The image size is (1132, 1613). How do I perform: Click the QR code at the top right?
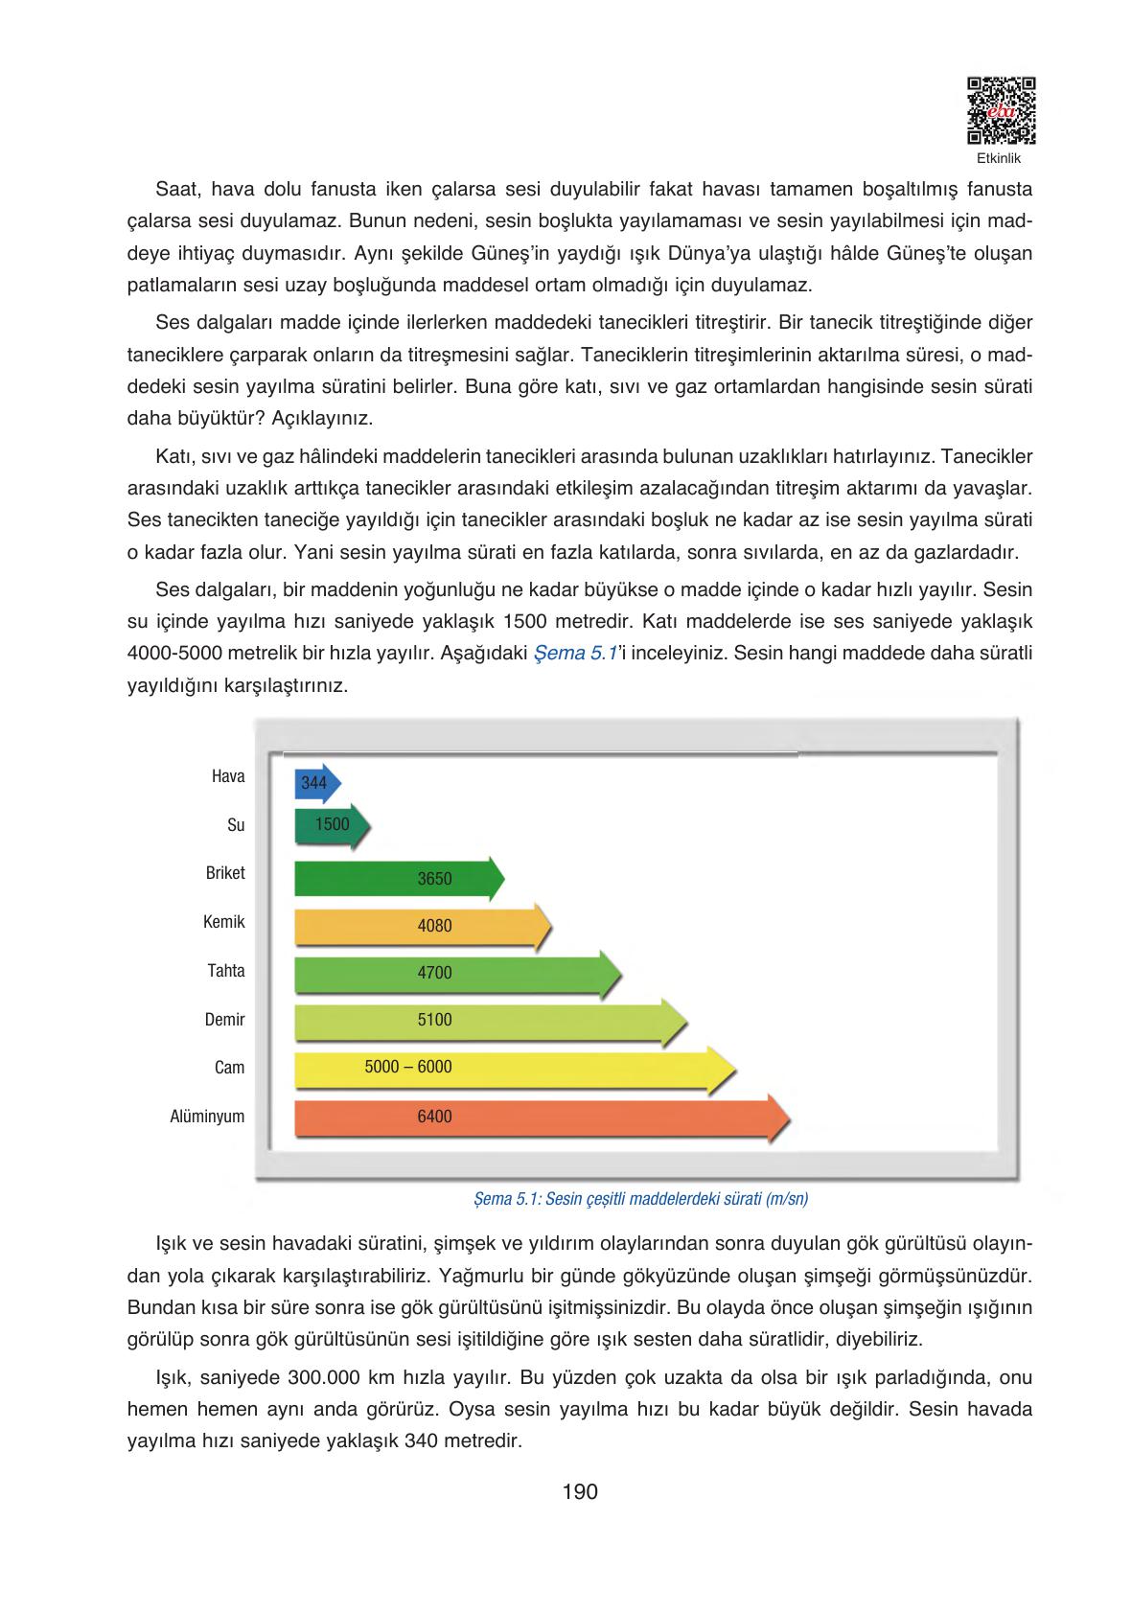pyautogui.click(x=1001, y=110)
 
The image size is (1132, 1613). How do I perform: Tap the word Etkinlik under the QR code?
pyautogui.click(x=999, y=158)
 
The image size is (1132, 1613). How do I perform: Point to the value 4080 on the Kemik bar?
pyautogui.click(x=434, y=927)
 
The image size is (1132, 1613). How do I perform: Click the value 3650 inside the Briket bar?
pyautogui.click(x=434, y=879)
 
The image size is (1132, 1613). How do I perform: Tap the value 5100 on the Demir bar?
pyautogui.click(x=434, y=1020)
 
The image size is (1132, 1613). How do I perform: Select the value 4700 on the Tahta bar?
pyautogui.click(x=434, y=973)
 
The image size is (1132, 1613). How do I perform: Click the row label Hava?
pyautogui.click(x=228, y=777)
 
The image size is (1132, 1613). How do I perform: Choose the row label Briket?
pyautogui.click(x=225, y=874)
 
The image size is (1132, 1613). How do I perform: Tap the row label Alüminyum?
pyautogui.click(x=207, y=1117)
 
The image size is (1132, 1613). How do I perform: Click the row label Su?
pyautogui.click(x=236, y=825)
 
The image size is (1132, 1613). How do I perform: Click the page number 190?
pyautogui.click(x=580, y=1491)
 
